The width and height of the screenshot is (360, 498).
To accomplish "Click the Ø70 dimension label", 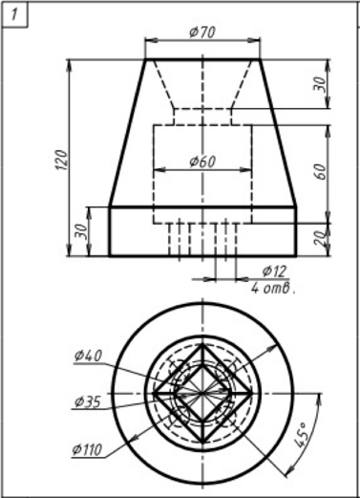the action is pyautogui.click(x=202, y=32).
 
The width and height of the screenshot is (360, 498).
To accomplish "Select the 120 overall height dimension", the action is pyautogui.click(x=62, y=160).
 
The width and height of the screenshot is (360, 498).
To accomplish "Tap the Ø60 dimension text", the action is pyautogui.click(x=202, y=162).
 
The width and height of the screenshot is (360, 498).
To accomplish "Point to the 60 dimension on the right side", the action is pyautogui.click(x=322, y=171).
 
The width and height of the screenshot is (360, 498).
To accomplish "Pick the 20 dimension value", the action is pyautogui.click(x=321, y=238).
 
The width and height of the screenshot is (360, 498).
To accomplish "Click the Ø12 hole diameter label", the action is pyautogui.click(x=274, y=271).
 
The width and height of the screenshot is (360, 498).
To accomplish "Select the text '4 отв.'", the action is pyautogui.click(x=273, y=288).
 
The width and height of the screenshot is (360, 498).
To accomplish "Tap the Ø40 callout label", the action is pyautogui.click(x=88, y=356).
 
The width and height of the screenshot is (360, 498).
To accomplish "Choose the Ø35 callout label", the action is pyautogui.click(x=87, y=401).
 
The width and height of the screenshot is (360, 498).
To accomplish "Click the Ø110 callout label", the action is pyautogui.click(x=87, y=449).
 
